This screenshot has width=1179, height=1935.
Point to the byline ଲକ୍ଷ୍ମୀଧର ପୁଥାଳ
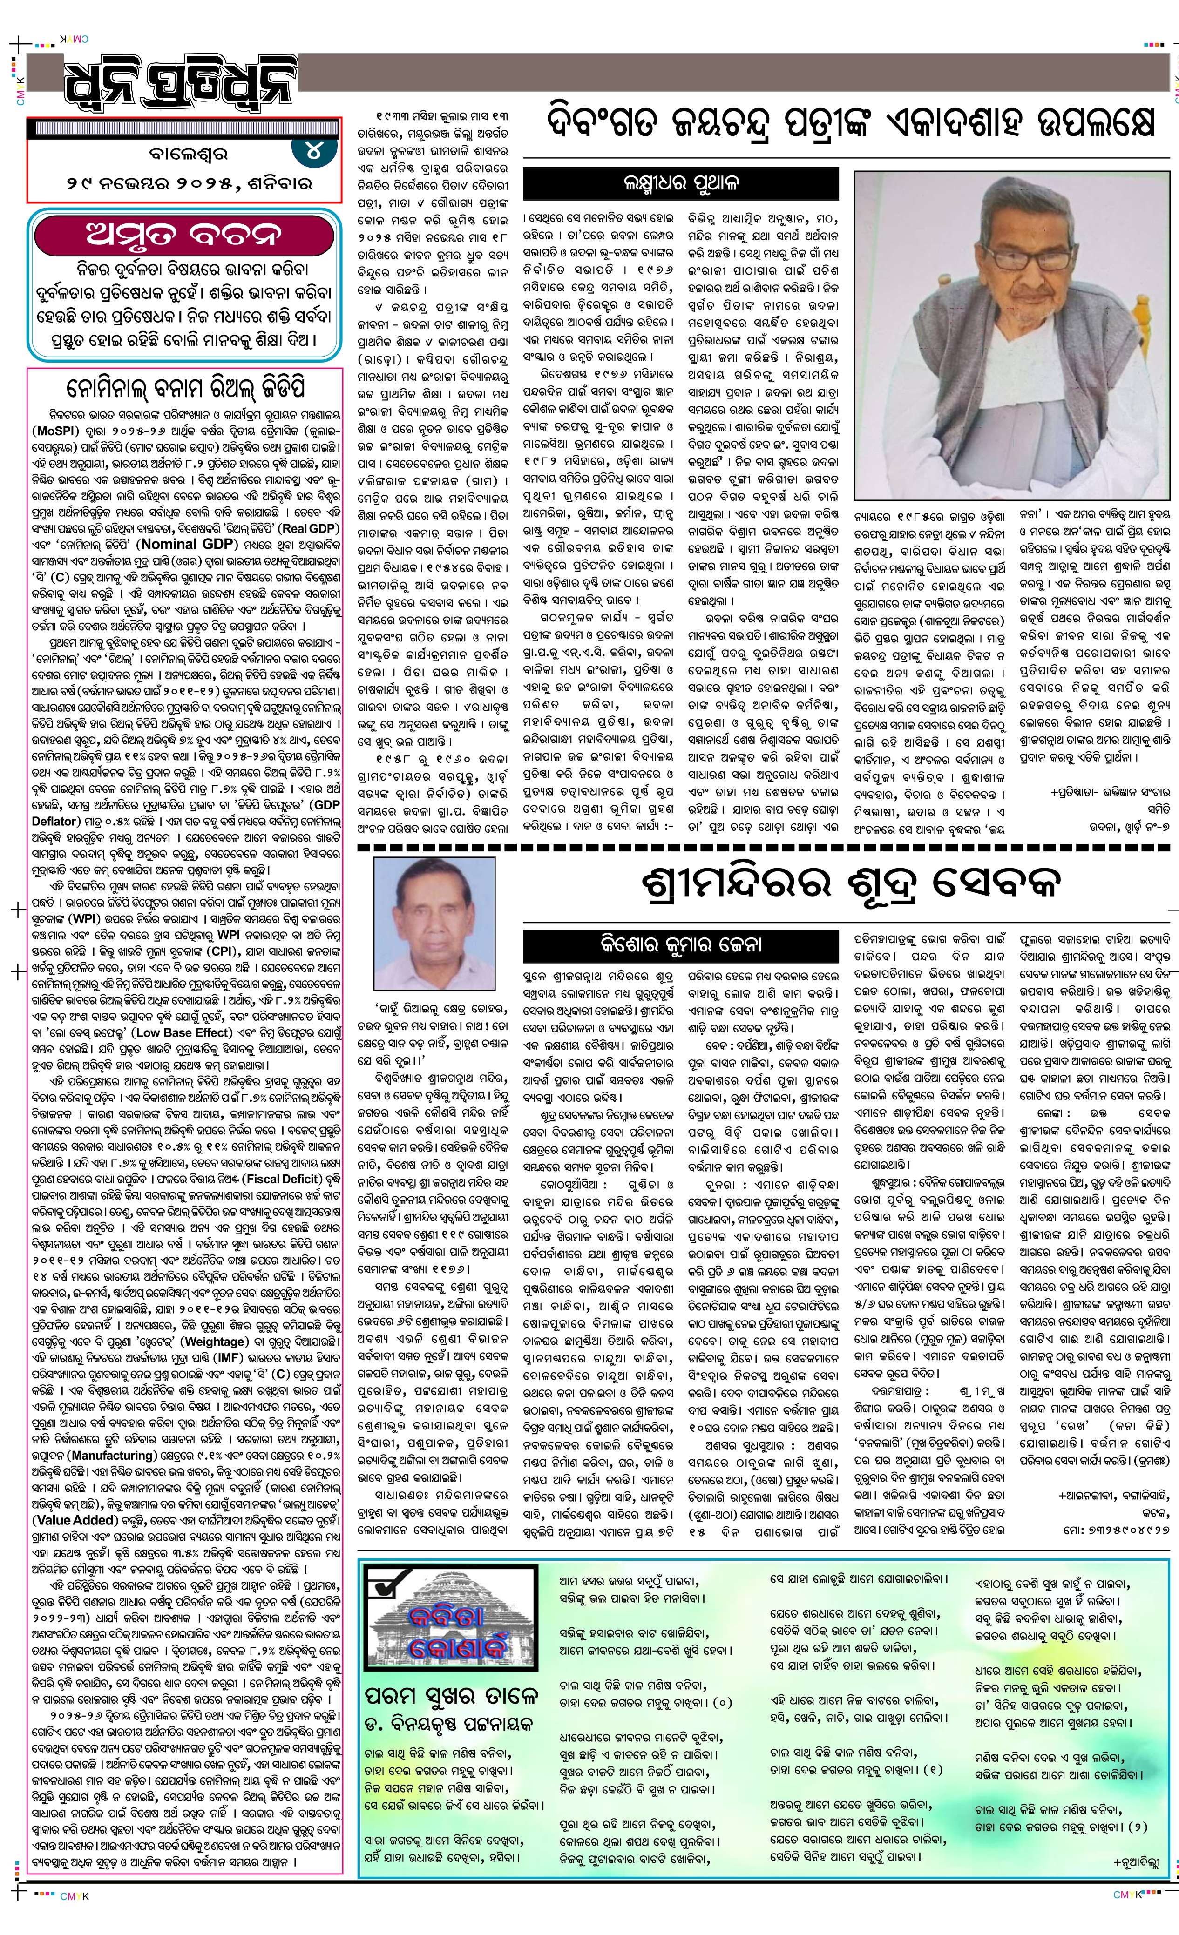[x=678, y=184]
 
